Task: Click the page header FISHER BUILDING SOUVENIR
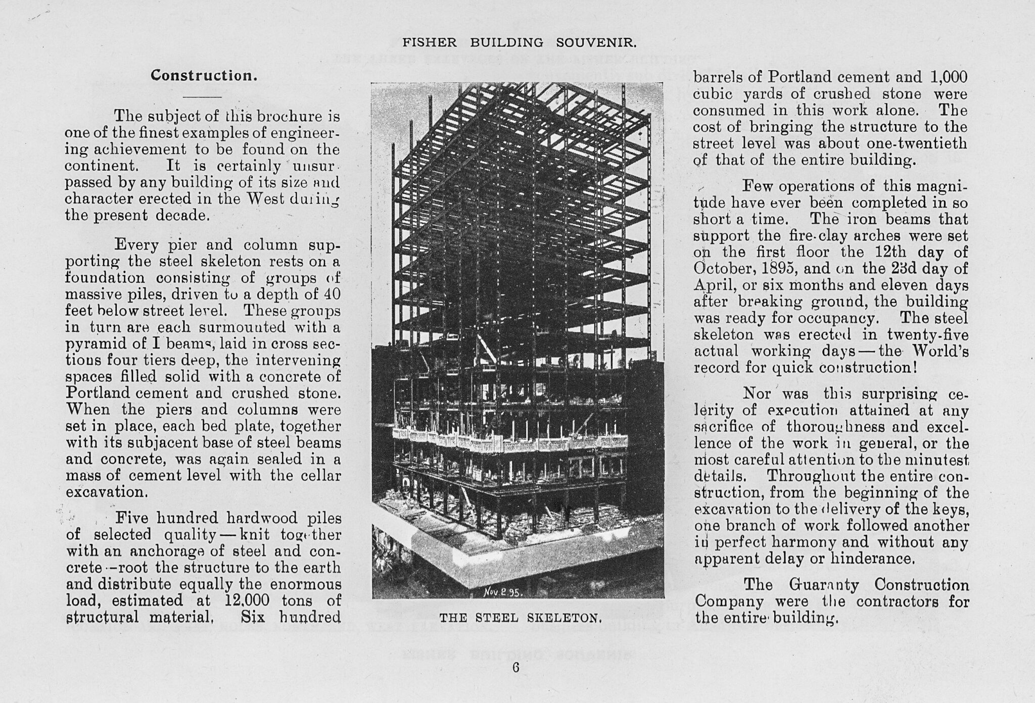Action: pos(520,43)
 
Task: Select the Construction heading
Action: pos(204,76)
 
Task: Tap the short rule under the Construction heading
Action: pos(202,96)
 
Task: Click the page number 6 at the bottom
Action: pos(516,667)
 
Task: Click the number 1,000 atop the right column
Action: pos(949,77)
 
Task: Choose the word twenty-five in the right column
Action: pos(928,335)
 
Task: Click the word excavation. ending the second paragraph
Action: pos(106,492)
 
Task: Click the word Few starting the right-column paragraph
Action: pos(757,186)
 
